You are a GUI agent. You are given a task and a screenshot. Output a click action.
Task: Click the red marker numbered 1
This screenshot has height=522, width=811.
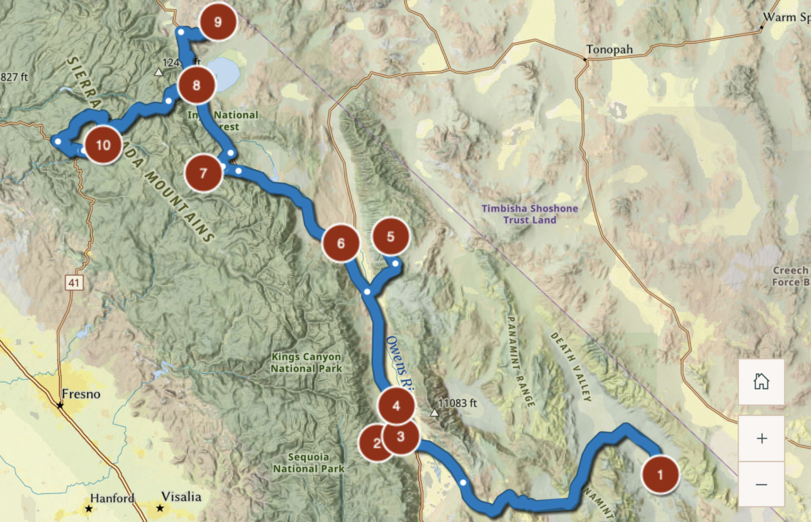coord(660,475)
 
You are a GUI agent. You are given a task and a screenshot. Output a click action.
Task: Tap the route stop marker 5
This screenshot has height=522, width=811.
coord(390,237)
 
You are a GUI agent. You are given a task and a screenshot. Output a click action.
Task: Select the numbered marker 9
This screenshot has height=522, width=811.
coord(217,22)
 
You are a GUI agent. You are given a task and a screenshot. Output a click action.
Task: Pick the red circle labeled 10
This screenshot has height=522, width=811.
coord(103,145)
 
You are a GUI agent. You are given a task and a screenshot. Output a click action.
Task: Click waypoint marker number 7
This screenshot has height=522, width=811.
coord(203,173)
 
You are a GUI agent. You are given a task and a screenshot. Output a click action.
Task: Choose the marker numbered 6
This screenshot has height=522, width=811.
coord(341,243)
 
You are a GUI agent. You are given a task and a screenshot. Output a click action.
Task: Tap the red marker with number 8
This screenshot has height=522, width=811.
coord(196,85)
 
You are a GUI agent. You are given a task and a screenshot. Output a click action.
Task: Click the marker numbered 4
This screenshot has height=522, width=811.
coord(396,406)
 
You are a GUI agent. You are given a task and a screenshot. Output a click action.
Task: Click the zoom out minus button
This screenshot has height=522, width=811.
coord(761,484)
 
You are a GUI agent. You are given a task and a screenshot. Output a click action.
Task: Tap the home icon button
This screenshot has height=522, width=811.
coord(761,382)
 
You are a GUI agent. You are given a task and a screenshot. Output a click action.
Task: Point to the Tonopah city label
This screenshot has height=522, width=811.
coord(609,50)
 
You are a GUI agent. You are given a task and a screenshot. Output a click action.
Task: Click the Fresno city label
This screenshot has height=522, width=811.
coord(81,394)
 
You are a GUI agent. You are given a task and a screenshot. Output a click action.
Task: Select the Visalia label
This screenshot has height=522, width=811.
coord(181,497)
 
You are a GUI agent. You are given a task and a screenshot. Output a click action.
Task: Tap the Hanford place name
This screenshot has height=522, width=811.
coord(112,498)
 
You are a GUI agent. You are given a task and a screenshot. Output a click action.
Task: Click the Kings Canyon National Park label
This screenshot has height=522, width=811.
coord(306,362)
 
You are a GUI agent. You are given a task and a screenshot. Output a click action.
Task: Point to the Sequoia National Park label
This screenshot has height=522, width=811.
coord(309,462)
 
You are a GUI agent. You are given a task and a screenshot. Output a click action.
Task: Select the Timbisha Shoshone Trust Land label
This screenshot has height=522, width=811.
coord(529,214)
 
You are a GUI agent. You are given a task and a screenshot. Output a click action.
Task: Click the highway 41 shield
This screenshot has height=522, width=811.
coord(74,282)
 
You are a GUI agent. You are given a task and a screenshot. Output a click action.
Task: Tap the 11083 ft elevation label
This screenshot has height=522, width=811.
coord(457,403)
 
